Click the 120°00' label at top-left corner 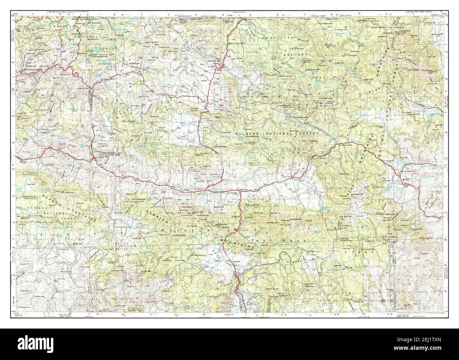(15, 13)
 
